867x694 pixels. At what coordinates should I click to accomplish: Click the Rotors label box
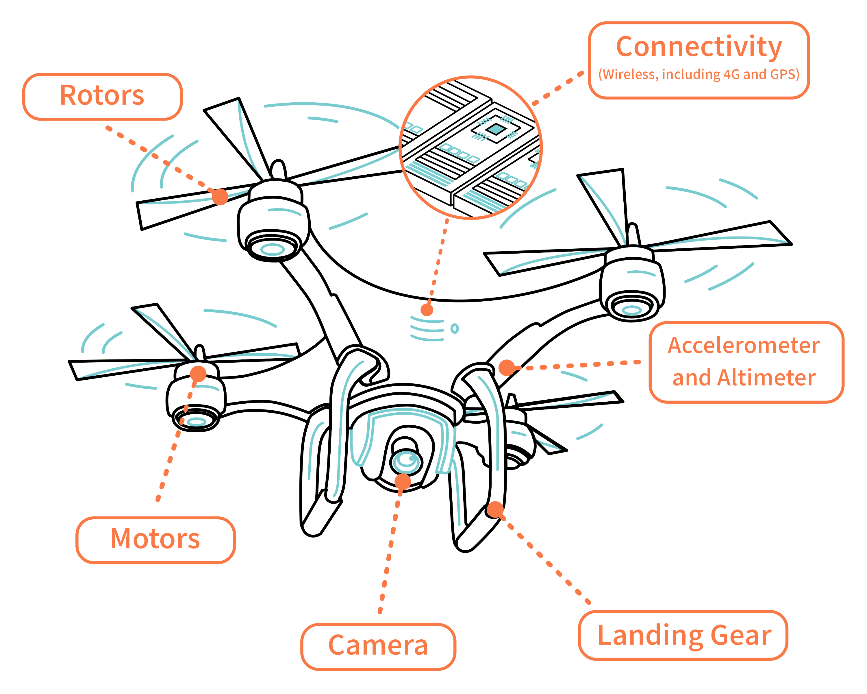(x=102, y=97)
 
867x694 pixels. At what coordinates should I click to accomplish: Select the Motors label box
(x=155, y=540)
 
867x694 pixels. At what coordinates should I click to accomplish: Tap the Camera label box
(x=378, y=646)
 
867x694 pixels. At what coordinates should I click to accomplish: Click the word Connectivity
(x=699, y=47)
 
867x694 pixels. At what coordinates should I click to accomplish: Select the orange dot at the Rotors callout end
(x=220, y=197)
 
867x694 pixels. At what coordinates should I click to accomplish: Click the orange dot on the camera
(x=403, y=481)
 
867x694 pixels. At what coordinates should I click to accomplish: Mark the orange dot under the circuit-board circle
(x=427, y=310)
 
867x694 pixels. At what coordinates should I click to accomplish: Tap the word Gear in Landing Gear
(x=741, y=636)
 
